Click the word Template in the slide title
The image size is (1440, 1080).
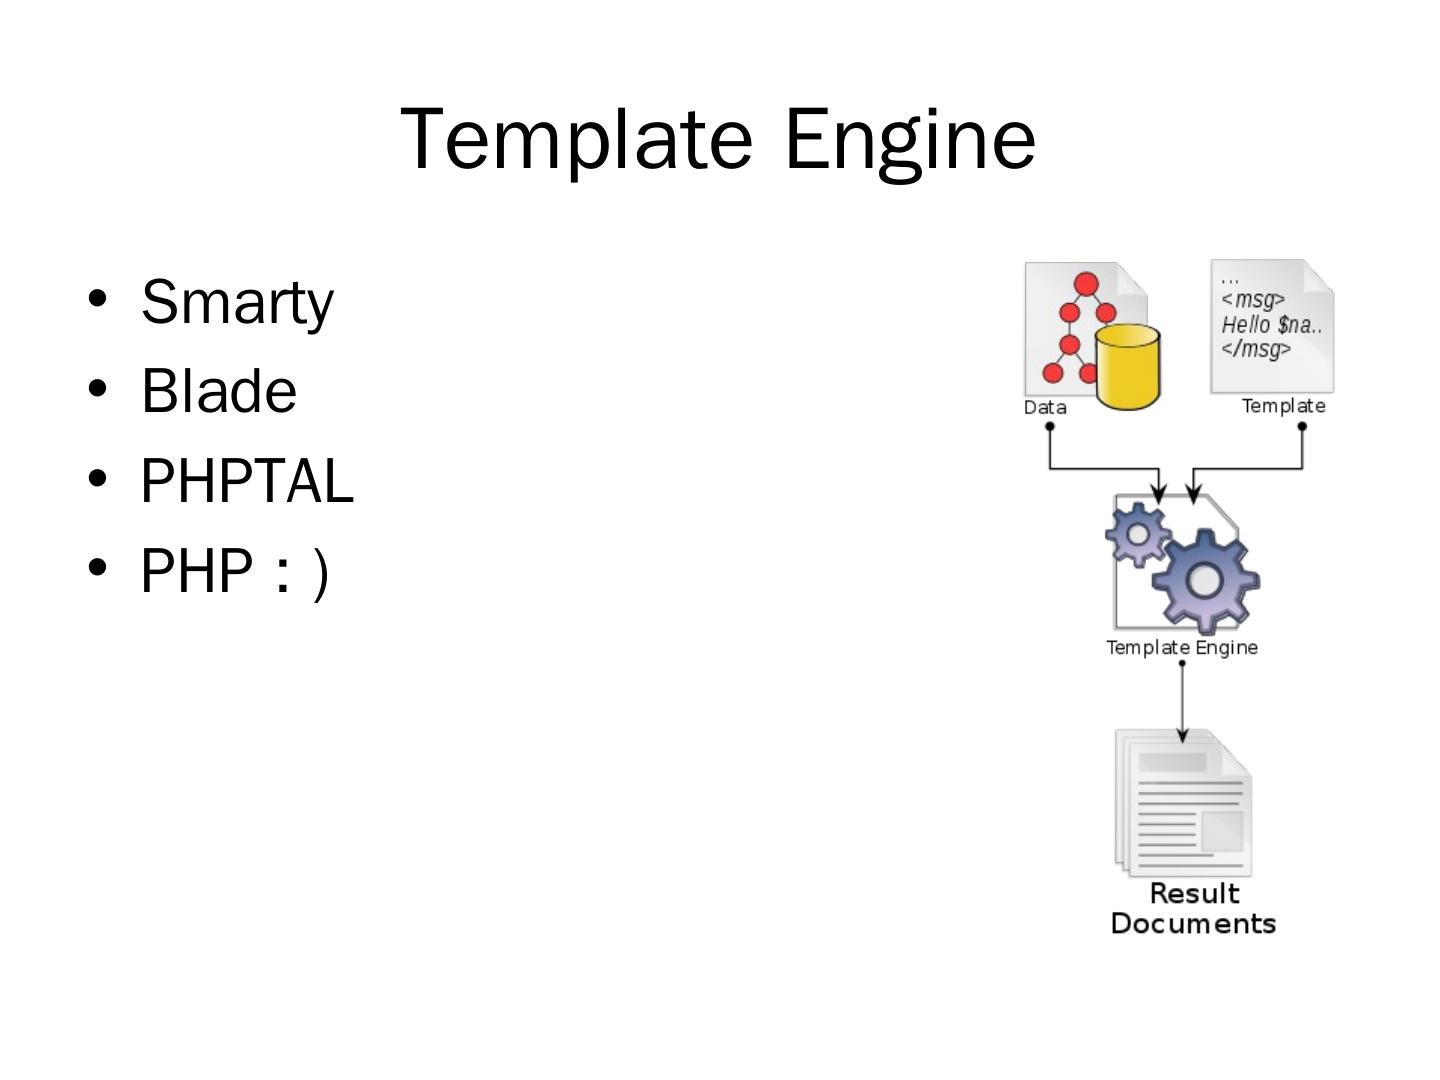click(576, 139)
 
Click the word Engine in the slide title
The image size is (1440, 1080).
click(909, 139)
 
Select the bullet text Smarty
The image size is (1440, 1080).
click(237, 302)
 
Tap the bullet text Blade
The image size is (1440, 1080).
click(219, 391)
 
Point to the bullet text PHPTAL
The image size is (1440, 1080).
click(247, 481)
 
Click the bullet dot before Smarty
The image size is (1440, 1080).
click(97, 299)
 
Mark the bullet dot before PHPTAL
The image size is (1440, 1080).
click(97, 478)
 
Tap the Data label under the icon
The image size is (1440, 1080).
click(1045, 407)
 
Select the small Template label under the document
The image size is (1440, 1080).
click(1283, 406)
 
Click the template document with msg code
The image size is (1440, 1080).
click(1271, 325)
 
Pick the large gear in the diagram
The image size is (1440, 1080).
click(1206, 580)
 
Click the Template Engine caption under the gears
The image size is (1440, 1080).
click(1181, 648)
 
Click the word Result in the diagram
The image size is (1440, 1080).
click(1194, 893)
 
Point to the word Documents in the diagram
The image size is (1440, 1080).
click(1193, 923)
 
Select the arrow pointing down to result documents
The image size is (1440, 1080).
click(1182, 705)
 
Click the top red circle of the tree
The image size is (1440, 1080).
click(1087, 284)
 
